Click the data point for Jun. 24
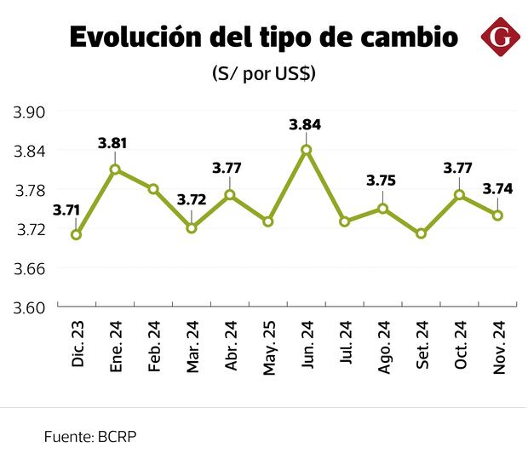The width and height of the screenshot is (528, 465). pos(307,150)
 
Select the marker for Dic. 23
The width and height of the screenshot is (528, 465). pos(77,235)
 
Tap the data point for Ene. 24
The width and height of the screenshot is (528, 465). pos(115,169)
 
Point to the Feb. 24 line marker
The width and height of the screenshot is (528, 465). pos(153,189)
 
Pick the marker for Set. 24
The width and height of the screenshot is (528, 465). pos(421,233)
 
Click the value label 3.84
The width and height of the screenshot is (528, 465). pos(306,124)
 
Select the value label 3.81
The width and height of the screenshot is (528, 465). pos(113,144)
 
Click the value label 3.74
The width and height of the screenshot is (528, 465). pos(497,190)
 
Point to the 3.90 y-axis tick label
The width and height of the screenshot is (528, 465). pos(29,112)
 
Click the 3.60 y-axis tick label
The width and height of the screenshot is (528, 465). pos(29,307)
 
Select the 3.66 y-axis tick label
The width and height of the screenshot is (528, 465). pos(29,268)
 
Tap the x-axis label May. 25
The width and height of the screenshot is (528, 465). pos(269,347)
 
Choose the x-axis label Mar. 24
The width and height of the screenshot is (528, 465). pos(192,347)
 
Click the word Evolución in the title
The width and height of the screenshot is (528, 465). pos(136,38)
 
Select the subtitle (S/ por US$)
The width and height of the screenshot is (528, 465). pos(264,74)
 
